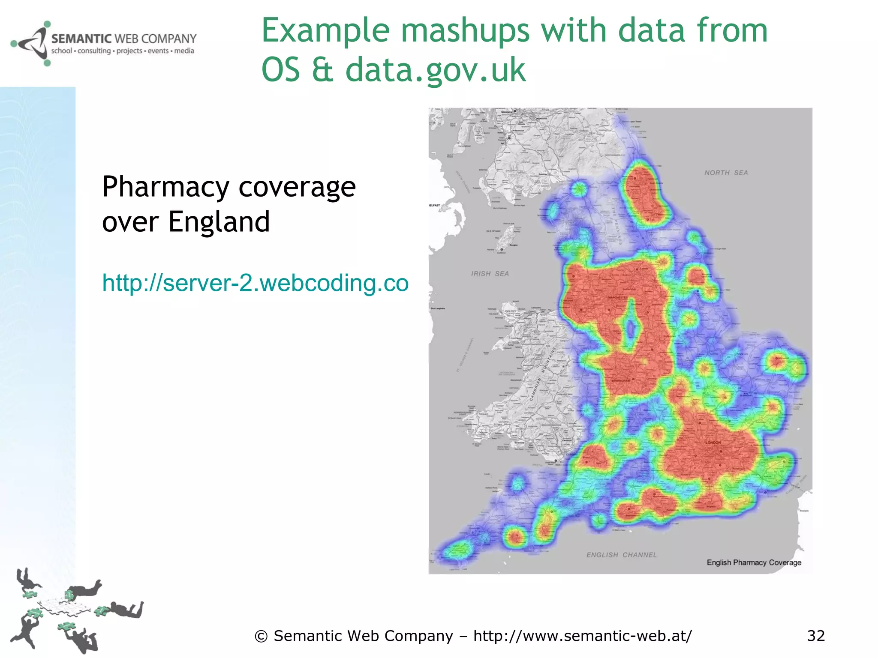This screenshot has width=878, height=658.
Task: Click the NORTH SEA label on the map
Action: [726, 173]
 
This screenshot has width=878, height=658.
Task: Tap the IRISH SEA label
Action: [490, 274]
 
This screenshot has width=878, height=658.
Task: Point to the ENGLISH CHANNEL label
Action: [621, 555]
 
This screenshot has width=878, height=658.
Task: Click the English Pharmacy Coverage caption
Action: [754, 562]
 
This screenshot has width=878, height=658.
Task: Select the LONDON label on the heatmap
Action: [713, 443]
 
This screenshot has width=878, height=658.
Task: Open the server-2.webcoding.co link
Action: [255, 283]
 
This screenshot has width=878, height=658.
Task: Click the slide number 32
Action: [816, 636]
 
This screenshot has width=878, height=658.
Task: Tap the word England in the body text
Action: [219, 222]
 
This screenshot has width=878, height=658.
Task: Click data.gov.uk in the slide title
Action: [435, 70]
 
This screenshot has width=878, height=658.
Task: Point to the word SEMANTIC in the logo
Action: [81, 39]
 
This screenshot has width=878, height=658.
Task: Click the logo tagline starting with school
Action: [123, 51]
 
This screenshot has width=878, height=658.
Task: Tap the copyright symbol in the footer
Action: [261, 637]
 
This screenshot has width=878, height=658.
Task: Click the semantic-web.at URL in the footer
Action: [582, 636]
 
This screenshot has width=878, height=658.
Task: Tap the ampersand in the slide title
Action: [322, 70]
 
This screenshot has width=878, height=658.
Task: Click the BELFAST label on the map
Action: [434, 205]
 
